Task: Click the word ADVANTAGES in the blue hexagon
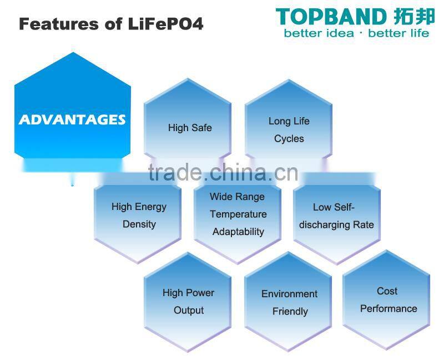[x=72, y=119]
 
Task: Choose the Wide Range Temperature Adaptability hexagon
[x=238, y=214]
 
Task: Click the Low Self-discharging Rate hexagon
[x=336, y=216]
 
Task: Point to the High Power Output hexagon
[x=188, y=301]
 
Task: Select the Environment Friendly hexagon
[x=289, y=302]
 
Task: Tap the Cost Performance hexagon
[x=387, y=300]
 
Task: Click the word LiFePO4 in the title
[x=173, y=24]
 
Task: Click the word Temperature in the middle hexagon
[x=238, y=214]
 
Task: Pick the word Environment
[x=289, y=294]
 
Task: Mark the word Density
[x=139, y=224]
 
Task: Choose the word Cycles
[x=289, y=139]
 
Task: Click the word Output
[x=189, y=311]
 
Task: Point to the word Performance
[x=389, y=309]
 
